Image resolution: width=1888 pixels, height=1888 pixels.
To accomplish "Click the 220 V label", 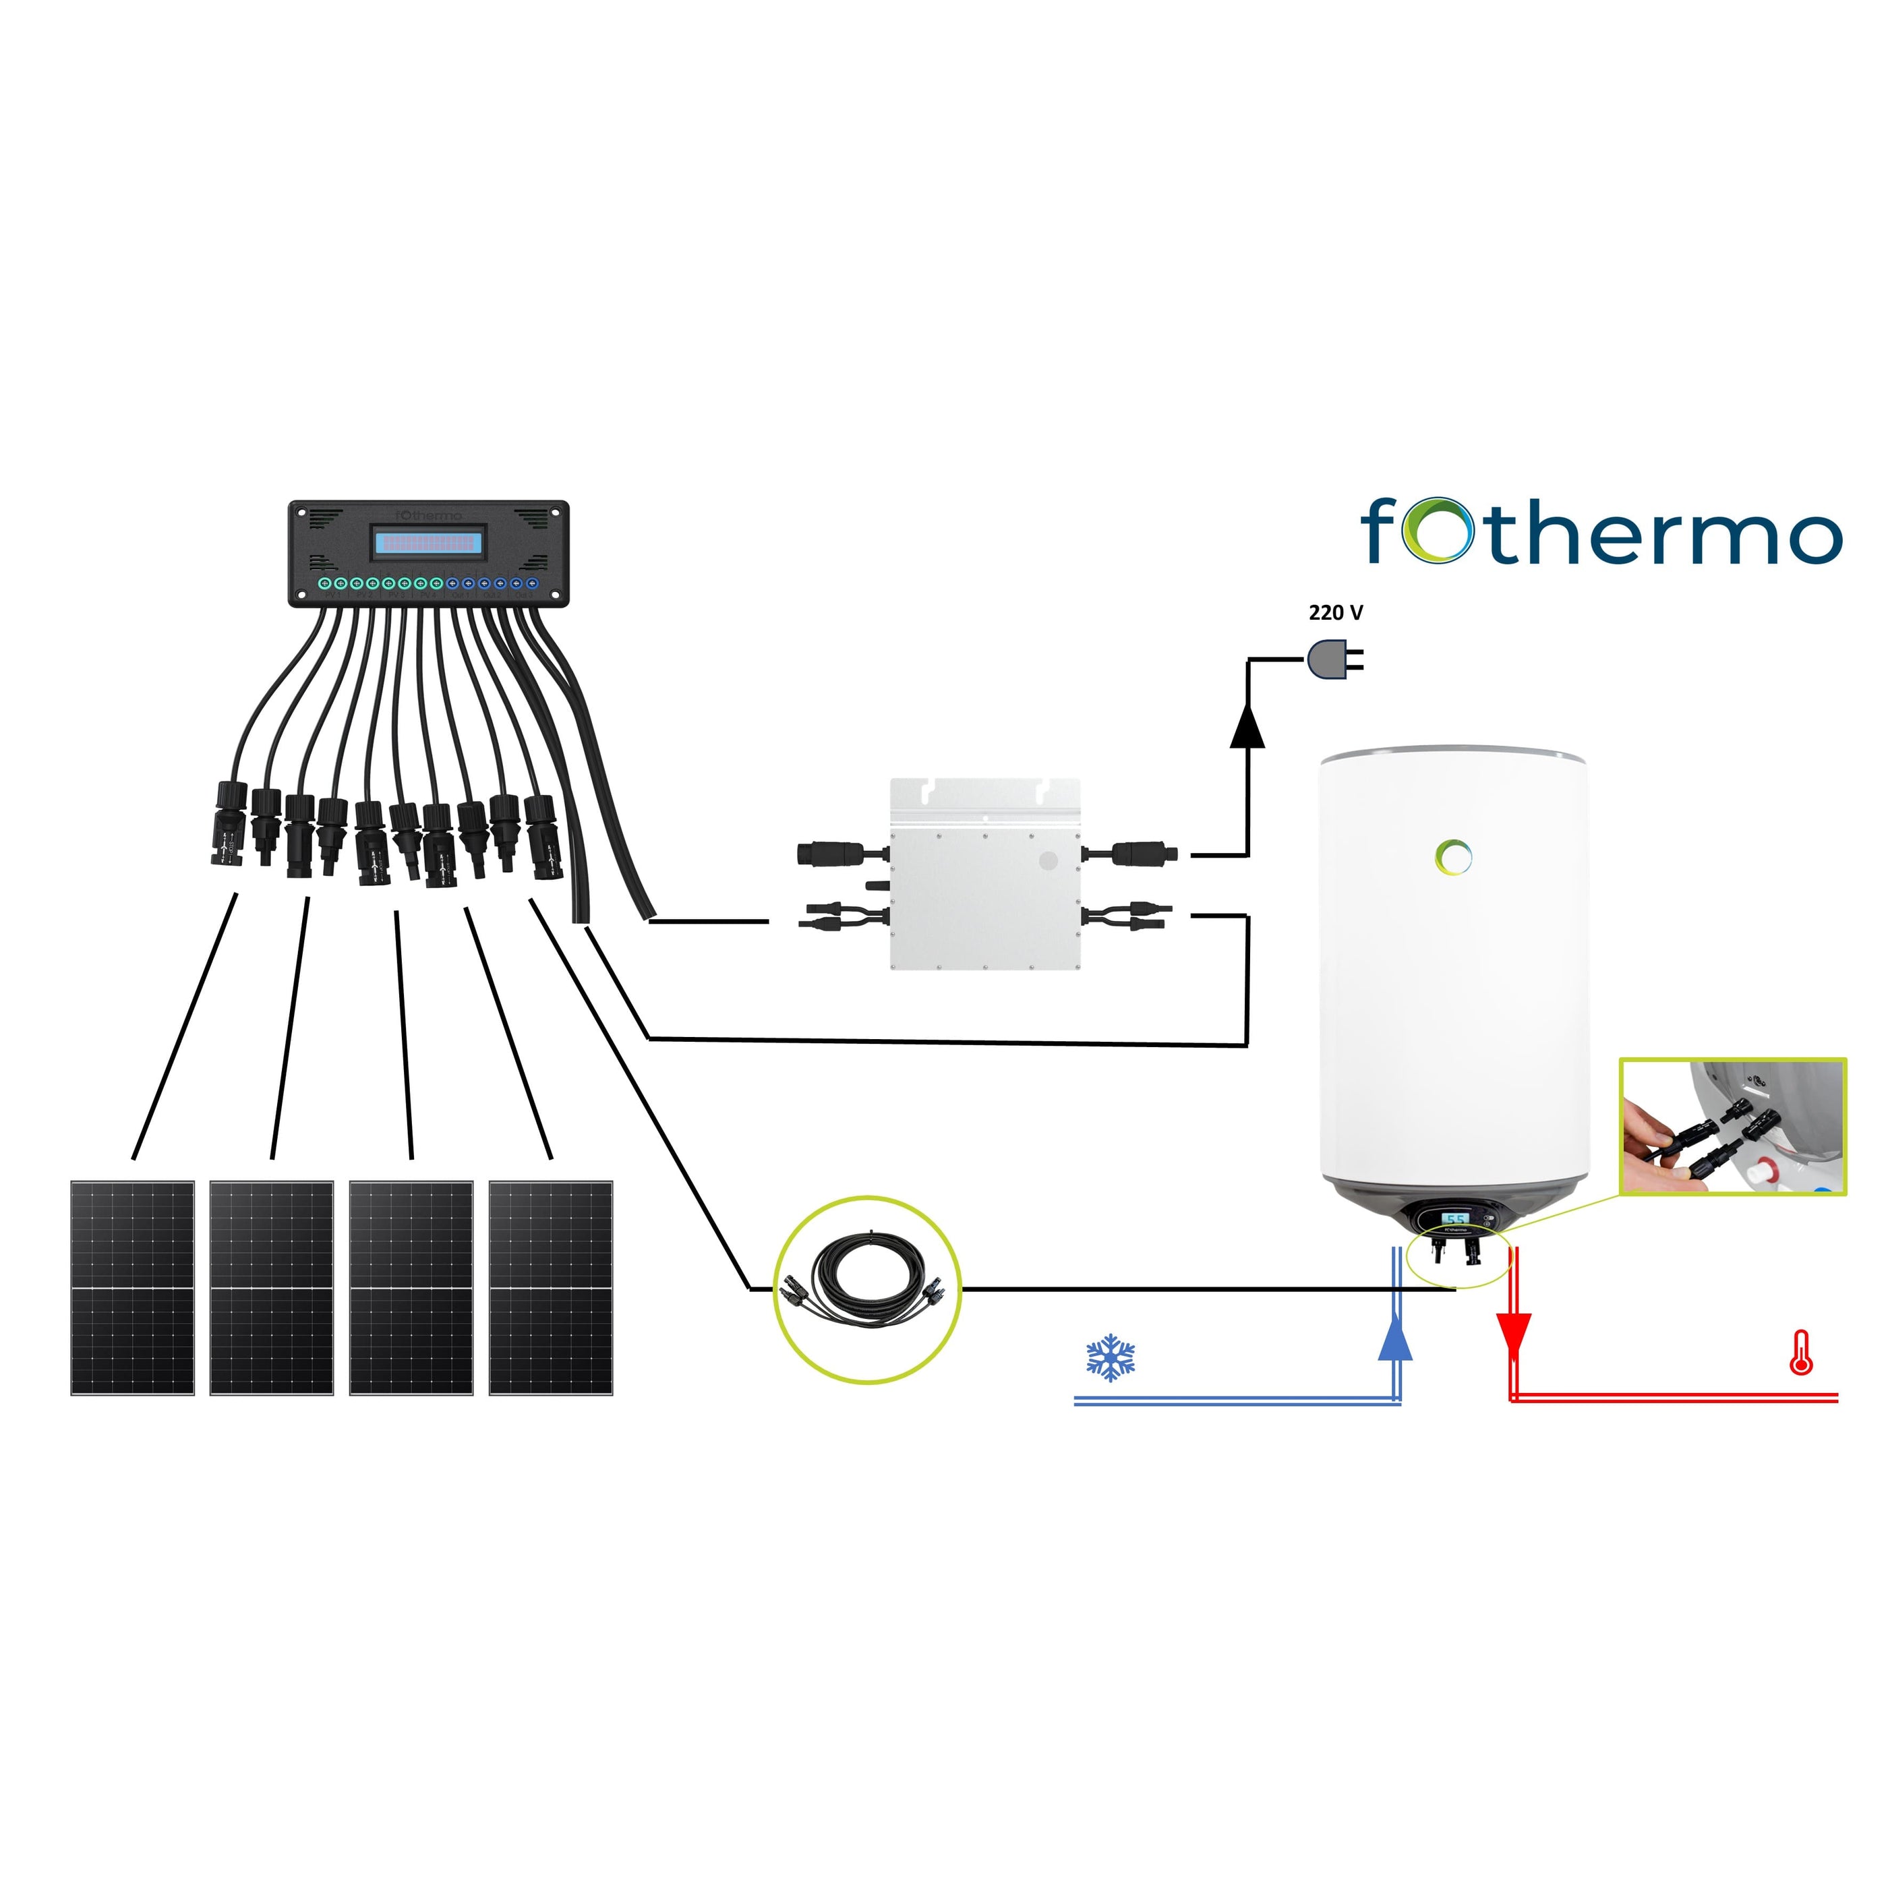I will (x=1335, y=613).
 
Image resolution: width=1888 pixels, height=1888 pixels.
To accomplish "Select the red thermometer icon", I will (x=1800, y=1353).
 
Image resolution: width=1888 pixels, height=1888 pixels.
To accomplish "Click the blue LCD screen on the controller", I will (x=429, y=541).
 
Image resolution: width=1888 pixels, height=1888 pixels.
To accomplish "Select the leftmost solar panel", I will (x=133, y=1287).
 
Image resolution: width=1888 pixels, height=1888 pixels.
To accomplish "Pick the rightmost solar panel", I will (x=550, y=1287).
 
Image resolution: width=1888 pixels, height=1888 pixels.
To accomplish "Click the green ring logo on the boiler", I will (x=1454, y=857).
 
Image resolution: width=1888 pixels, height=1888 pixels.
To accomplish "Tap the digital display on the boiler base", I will (x=1455, y=1220).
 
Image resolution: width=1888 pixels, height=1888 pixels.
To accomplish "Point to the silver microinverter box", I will (x=985, y=874).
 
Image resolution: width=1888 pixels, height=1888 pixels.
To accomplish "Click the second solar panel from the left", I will (x=272, y=1287).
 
